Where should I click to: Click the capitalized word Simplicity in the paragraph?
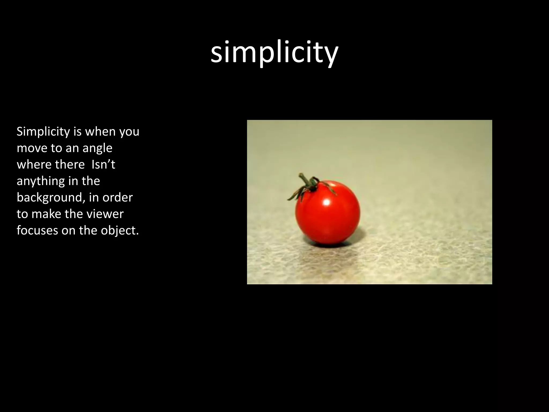click(x=43, y=132)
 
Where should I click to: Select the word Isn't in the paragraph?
click(x=103, y=164)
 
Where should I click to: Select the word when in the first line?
click(x=101, y=132)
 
